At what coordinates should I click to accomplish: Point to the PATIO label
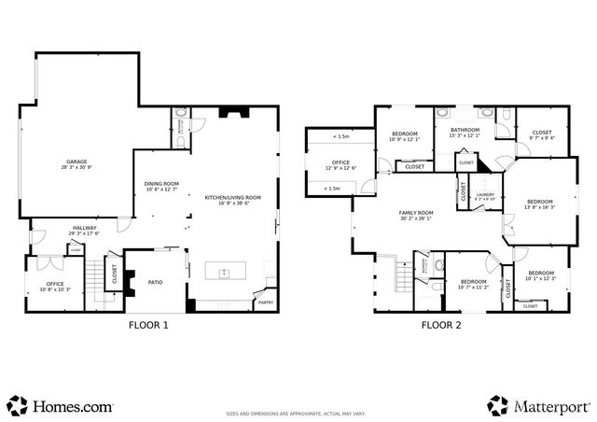point(156,283)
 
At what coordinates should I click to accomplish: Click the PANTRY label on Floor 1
point(265,302)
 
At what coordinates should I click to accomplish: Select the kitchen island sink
point(225,273)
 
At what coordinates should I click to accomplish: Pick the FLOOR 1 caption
point(148,326)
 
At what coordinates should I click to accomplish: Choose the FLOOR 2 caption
point(441,326)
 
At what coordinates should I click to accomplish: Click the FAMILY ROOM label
point(417,215)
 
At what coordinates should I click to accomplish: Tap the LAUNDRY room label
point(485,196)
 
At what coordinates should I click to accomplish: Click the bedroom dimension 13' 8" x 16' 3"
point(539,207)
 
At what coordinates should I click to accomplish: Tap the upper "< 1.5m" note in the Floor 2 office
point(341,137)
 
